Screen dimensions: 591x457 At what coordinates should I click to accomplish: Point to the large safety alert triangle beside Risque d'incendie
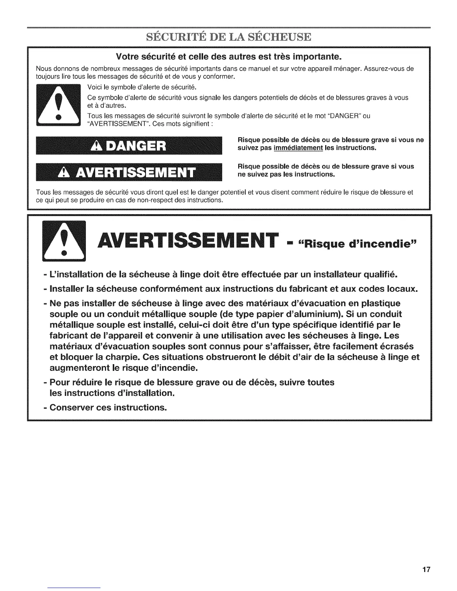(x=65, y=240)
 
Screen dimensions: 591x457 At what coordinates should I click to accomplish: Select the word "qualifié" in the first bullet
(x=373, y=275)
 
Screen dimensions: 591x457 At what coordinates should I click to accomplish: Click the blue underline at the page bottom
(x=74, y=588)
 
